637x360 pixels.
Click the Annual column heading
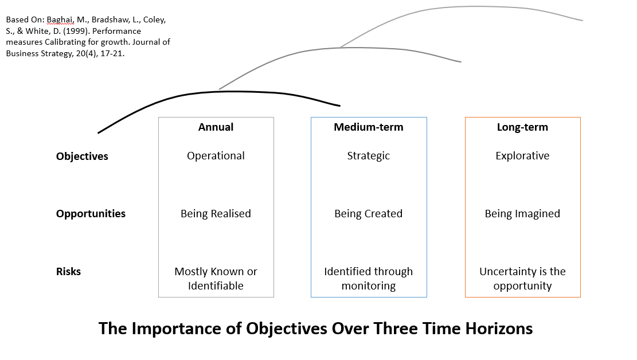click(x=216, y=127)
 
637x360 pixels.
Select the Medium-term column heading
click(x=369, y=127)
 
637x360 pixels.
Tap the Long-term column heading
click(x=522, y=128)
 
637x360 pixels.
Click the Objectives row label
click(x=82, y=156)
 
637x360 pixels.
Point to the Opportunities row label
click(x=91, y=214)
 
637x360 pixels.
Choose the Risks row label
click(x=68, y=271)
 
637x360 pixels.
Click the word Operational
click(x=216, y=156)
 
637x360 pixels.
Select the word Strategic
click(x=369, y=156)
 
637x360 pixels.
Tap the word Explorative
click(x=522, y=156)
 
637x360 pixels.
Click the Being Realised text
click(x=216, y=214)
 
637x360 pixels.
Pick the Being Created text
click(x=369, y=214)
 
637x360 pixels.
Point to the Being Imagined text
click(x=522, y=214)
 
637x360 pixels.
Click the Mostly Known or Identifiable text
click(x=216, y=279)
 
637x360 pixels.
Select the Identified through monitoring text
click(x=369, y=279)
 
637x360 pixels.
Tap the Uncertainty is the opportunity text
click(x=522, y=279)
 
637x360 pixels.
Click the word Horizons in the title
click(x=499, y=328)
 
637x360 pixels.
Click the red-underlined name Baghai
click(x=61, y=20)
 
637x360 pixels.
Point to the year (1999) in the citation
click(x=73, y=32)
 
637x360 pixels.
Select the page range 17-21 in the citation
click(x=112, y=54)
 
